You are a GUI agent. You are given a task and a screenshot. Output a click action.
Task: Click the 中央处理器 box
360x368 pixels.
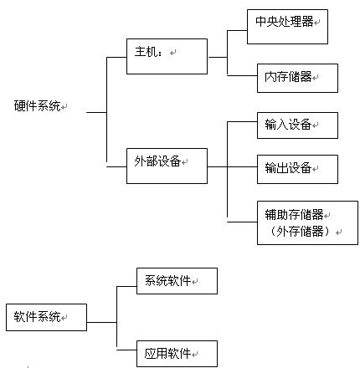[x=287, y=27]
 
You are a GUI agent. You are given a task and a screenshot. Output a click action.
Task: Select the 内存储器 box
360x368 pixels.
[x=297, y=78]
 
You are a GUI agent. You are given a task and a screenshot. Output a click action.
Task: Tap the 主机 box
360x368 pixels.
[x=167, y=56]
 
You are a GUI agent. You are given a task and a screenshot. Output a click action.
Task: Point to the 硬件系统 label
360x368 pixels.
[x=38, y=106]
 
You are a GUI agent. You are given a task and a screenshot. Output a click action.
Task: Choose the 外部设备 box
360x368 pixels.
[x=167, y=166]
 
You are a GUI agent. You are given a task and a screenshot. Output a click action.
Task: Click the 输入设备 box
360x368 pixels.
[x=297, y=125]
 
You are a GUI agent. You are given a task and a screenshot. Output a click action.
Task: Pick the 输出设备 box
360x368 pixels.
[x=297, y=169]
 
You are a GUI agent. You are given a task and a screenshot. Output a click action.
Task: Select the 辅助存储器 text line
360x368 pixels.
[x=294, y=215]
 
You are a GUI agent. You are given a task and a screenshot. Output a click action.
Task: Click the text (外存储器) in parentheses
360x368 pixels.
[x=301, y=231]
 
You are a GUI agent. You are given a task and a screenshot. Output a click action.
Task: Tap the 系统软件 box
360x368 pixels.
[x=177, y=281]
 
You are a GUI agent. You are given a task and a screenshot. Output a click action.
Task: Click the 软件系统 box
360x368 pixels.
[x=46, y=317]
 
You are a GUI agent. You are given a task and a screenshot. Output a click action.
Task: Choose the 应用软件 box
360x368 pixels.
[x=177, y=354]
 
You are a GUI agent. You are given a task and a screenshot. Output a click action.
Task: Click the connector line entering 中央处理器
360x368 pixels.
[x=237, y=30]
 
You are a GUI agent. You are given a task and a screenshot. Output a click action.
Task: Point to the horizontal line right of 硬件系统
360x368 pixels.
[x=96, y=112]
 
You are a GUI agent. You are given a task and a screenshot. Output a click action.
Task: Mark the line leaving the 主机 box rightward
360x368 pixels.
[x=218, y=58]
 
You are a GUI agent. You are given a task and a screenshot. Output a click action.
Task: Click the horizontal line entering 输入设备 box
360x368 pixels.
[x=242, y=121]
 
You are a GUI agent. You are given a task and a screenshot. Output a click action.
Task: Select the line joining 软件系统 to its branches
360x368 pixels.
[x=102, y=322]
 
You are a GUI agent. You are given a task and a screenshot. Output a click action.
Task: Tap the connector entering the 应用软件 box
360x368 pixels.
[x=126, y=350]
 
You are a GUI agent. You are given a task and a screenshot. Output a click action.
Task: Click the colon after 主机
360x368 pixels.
[x=160, y=53]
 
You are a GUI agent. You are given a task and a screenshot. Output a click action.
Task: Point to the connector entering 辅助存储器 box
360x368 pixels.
[x=242, y=222]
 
